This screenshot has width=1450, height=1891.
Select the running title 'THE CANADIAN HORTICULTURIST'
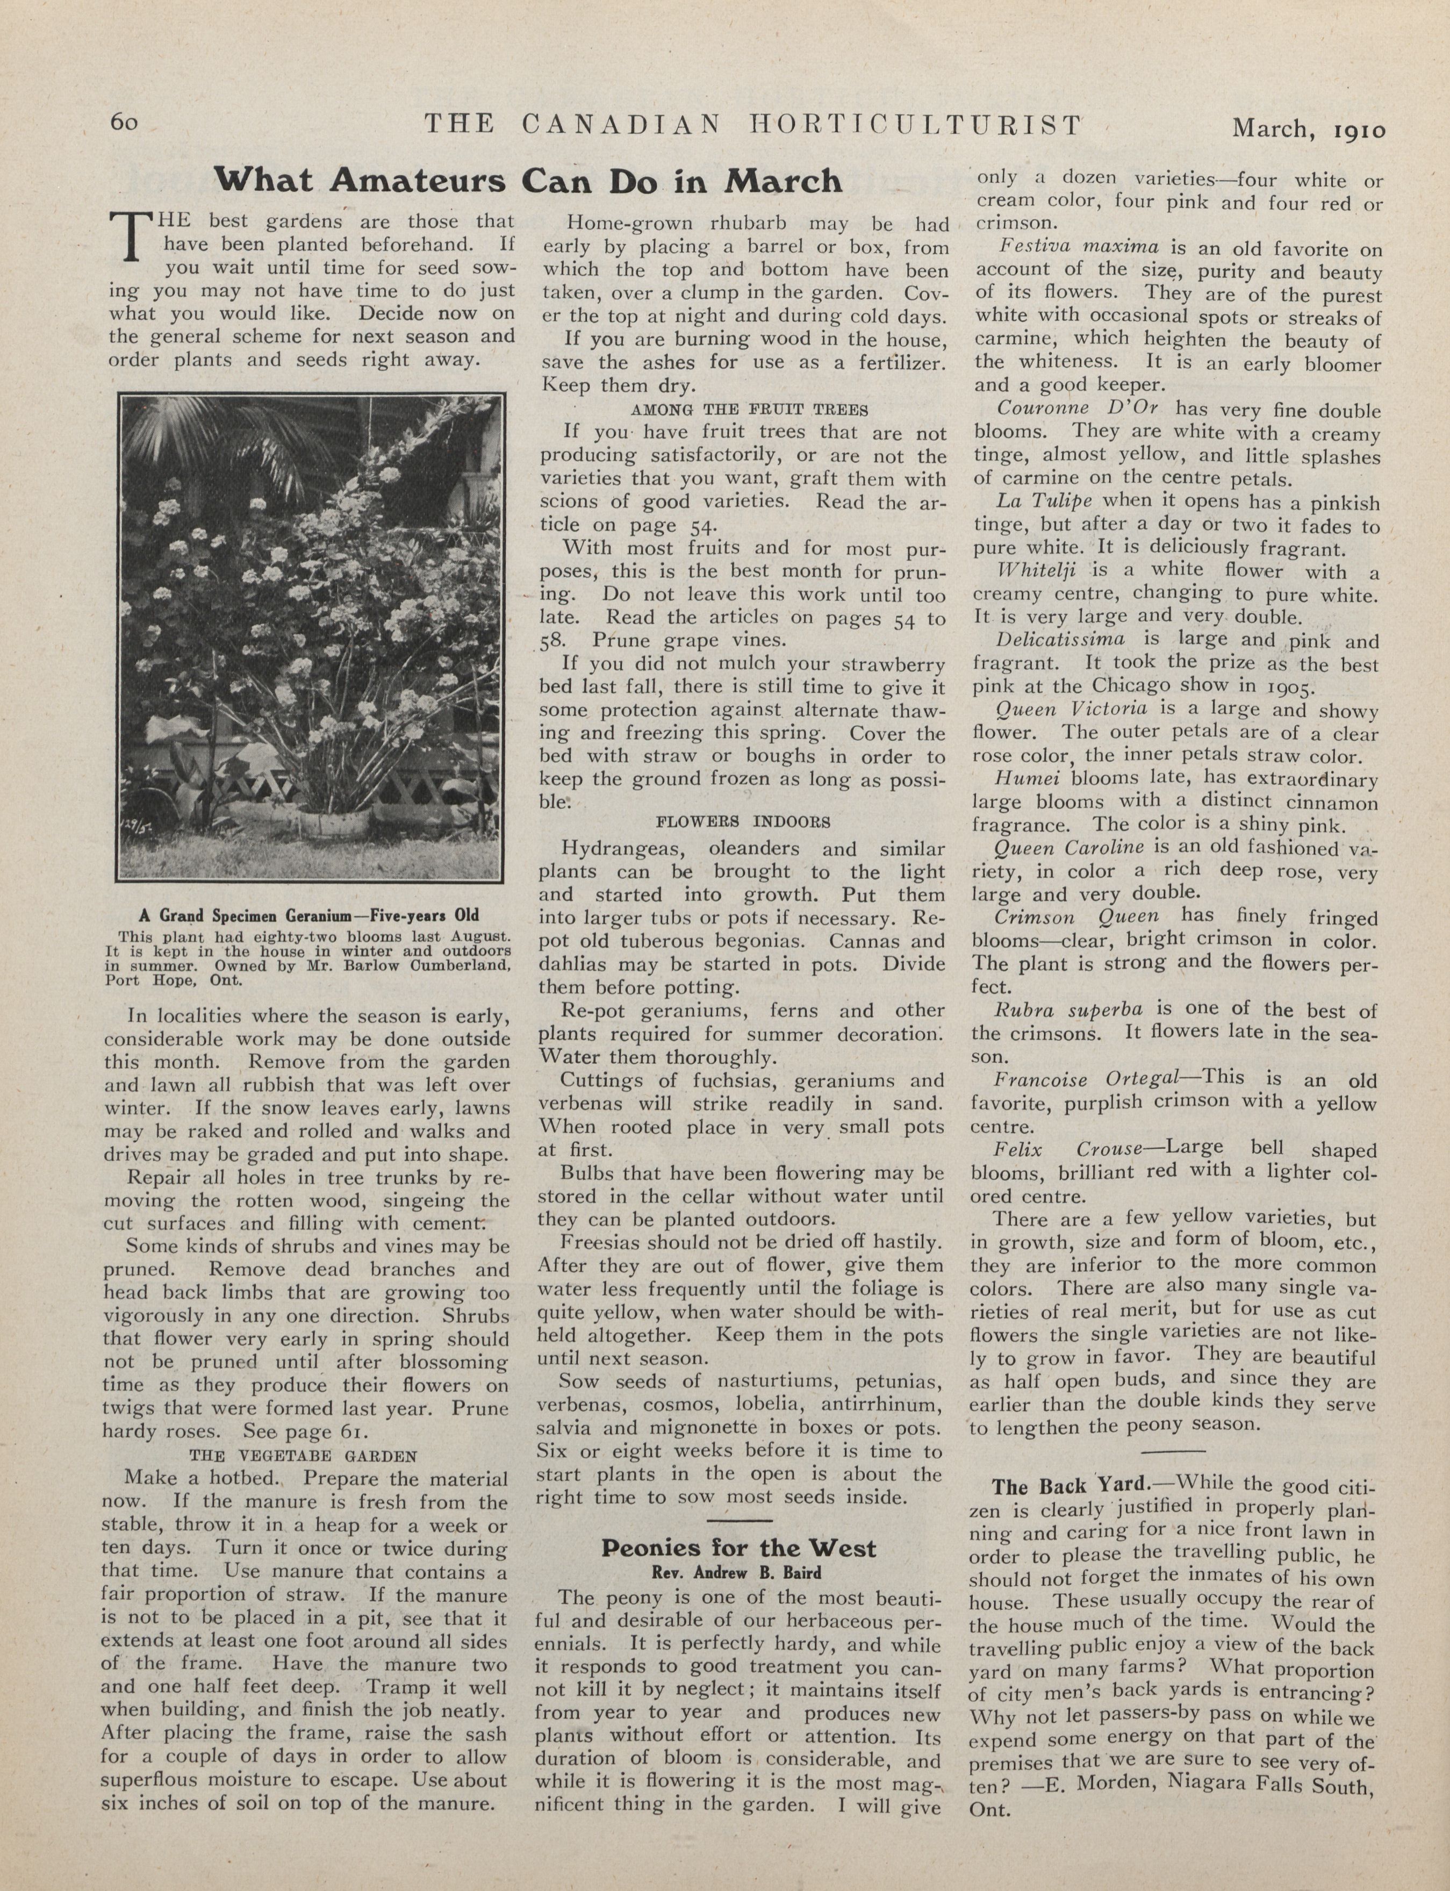(x=752, y=125)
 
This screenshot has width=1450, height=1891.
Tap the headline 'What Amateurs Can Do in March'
(x=527, y=181)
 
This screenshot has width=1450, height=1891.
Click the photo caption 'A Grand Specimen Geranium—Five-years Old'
(x=307, y=915)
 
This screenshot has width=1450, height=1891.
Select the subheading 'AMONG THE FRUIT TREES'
(x=749, y=409)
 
